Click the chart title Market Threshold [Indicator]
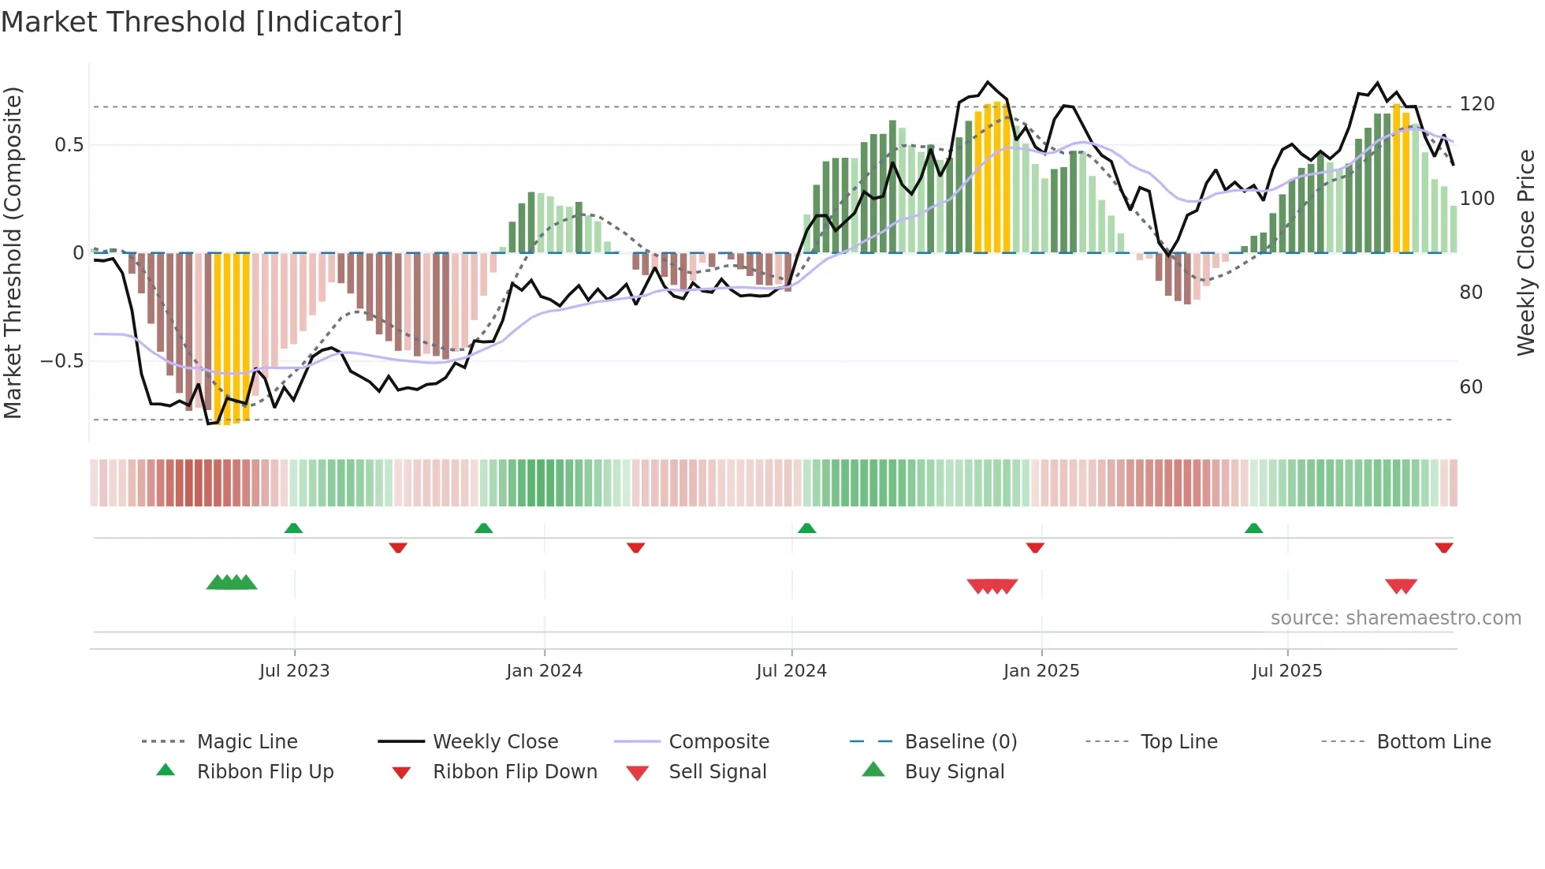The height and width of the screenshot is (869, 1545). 202,22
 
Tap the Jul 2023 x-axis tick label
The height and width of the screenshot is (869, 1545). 294,671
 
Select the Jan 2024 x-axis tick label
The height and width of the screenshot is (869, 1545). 544,671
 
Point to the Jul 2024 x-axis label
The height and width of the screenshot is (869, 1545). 791,671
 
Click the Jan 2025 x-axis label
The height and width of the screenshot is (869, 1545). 1041,671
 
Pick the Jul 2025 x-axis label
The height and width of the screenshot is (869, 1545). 1287,671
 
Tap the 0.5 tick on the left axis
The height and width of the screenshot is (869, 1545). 69,145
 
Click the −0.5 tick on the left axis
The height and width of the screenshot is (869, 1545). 61,361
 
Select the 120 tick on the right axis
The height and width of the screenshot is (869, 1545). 1476,104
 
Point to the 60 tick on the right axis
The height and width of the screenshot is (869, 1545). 1471,387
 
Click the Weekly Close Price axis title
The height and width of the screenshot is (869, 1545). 1526,252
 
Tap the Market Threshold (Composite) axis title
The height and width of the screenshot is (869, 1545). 13,252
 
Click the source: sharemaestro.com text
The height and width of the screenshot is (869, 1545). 1395,618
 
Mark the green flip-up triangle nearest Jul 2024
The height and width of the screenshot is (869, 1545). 806,528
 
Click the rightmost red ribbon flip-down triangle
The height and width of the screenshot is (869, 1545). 1443,548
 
